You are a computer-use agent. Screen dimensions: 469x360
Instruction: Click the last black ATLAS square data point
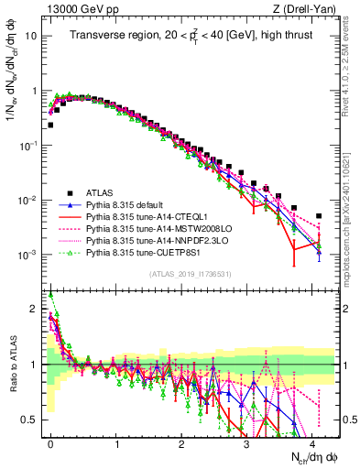tap(319, 216)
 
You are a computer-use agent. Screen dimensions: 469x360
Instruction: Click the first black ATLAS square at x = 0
tap(50, 125)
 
